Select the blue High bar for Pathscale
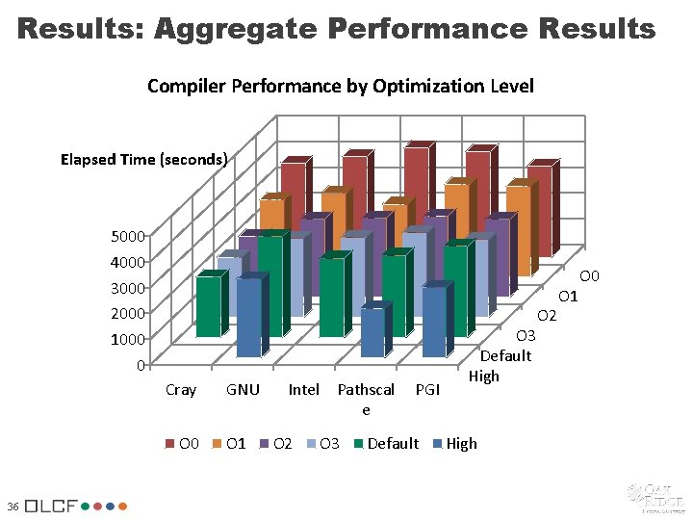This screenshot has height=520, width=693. pyautogui.click(x=372, y=333)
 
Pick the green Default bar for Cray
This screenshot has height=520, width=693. pyautogui.click(x=208, y=306)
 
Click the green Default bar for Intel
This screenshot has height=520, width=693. pyautogui.click(x=331, y=297)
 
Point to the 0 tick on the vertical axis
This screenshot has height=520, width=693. pyautogui.click(x=140, y=365)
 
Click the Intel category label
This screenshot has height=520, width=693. pyautogui.click(x=304, y=390)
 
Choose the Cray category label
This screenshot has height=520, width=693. pyautogui.click(x=181, y=390)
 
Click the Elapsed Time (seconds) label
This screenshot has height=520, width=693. pyautogui.click(x=143, y=160)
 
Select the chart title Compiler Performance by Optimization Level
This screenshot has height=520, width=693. pyautogui.click(x=341, y=87)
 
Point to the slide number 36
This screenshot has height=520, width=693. pyautogui.click(x=11, y=506)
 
